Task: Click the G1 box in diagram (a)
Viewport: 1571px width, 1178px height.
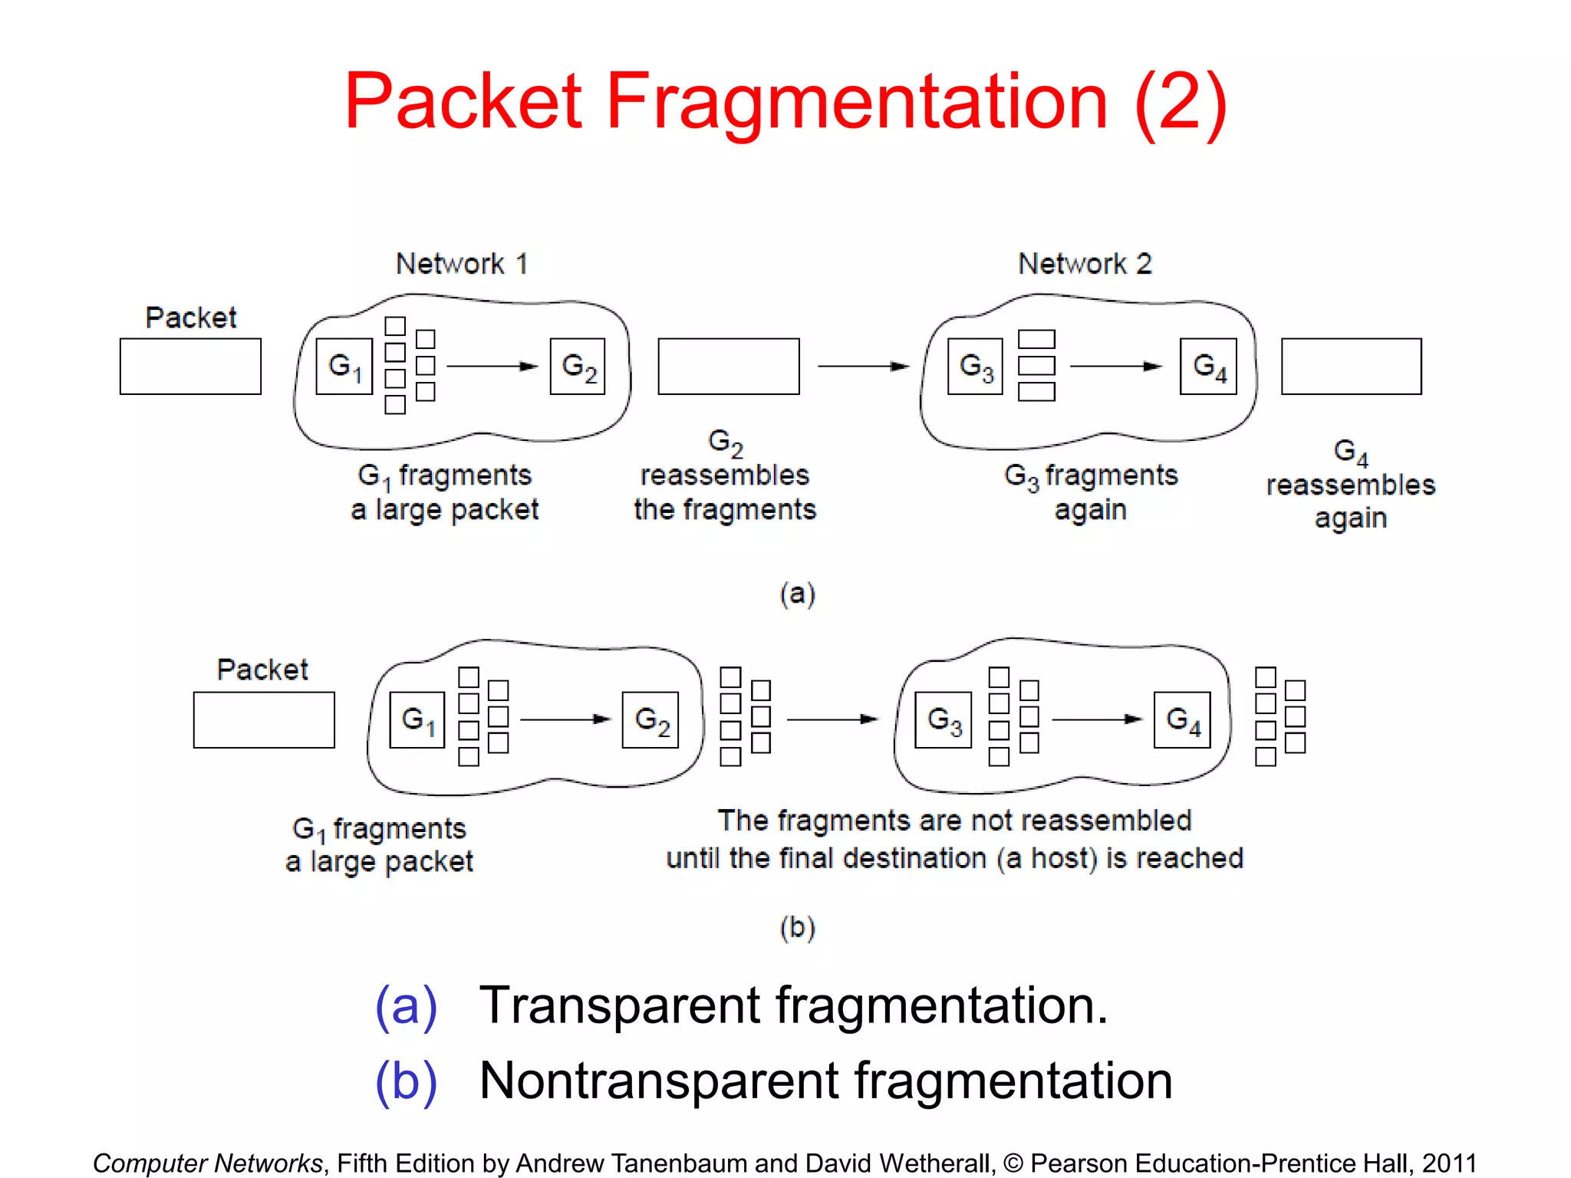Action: pyautogui.click(x=344, y=367)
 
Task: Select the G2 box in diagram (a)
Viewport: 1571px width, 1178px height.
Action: pyautogui.click(x=578, y=367)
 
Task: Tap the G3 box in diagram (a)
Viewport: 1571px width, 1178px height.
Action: pyautogui.click(x=975, y=367)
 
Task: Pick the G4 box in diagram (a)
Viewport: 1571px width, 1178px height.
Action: pyautogui.click(x=1208, y=367)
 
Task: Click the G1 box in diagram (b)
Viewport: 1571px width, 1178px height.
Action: pyautogui.click(x=417, y=719)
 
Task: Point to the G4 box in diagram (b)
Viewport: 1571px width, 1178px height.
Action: pyautogui.click(x=1182, y=719)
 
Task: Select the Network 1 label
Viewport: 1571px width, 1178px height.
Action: pyautogui.click(x=462, y=264)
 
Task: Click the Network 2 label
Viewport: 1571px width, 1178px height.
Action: pyautogui.click(x=1085, y=264)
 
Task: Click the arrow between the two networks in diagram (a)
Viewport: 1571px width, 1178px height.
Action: pyautogui.click(x=863, y=367)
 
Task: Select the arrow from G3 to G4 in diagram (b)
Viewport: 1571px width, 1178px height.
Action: pyautogui.click(x=1097, y=719)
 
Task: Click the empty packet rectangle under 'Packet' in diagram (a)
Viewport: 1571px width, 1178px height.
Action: pyautogui.click(x=190, y=367)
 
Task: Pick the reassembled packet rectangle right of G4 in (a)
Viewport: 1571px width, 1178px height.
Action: pyautogui.click(x=1351, y=367)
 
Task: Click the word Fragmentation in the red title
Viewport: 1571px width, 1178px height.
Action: pyautogui.click(x=857, y=101)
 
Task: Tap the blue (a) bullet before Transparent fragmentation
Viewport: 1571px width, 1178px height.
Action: pyautogui.click(x=406, y=1005)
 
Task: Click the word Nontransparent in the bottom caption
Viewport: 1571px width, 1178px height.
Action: pyautogui.click(x=659, y=1081)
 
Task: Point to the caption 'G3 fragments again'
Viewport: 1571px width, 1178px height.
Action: pyautogui.click(x=1091, y=492)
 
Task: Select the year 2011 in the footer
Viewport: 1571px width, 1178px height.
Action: pyautogui.click(x=1449, y=1163)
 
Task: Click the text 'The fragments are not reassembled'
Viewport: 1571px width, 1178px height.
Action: pyautogui.click(x=954, y=821)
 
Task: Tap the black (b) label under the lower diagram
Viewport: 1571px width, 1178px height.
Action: pyautogui.click(x=797, y=927)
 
